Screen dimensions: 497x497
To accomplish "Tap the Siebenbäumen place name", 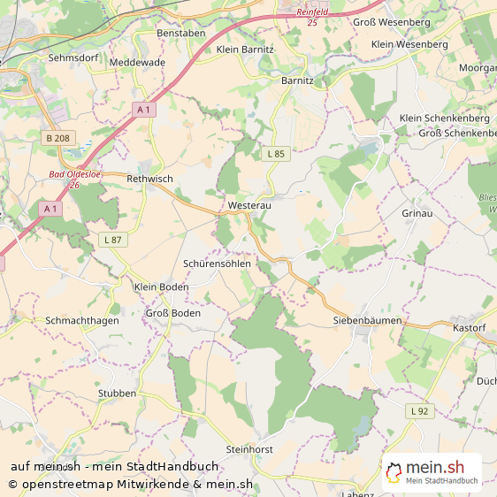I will [x=367, y=320].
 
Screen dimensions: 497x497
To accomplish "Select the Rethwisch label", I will [x=149, y=179].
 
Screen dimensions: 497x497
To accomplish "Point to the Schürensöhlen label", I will [x=217, y=264].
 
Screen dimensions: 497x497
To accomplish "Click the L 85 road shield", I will [x=276, y=154].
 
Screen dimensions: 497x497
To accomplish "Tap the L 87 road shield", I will [x=111, y=240].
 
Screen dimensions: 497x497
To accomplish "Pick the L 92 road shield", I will [x=418, y=411].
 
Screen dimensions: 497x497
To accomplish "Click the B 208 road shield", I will [x=57, y=138].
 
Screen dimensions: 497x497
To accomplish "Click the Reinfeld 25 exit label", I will [x=312, y=16].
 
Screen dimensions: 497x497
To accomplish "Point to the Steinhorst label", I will [x=249, y=449].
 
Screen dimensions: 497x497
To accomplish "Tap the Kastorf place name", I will [x=470, y=328].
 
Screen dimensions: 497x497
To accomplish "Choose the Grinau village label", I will [x=417, y=214].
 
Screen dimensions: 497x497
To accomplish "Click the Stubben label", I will [x=118, y=394].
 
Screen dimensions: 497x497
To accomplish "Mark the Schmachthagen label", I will [x=81, y=320].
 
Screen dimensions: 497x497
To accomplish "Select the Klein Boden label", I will [x=161, y=287].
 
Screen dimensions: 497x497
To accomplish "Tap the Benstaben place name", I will [x=180, y=33].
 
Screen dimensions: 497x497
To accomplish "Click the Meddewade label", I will [x=137, y=63].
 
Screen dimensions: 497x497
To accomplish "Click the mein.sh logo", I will [x=432, y=472].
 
